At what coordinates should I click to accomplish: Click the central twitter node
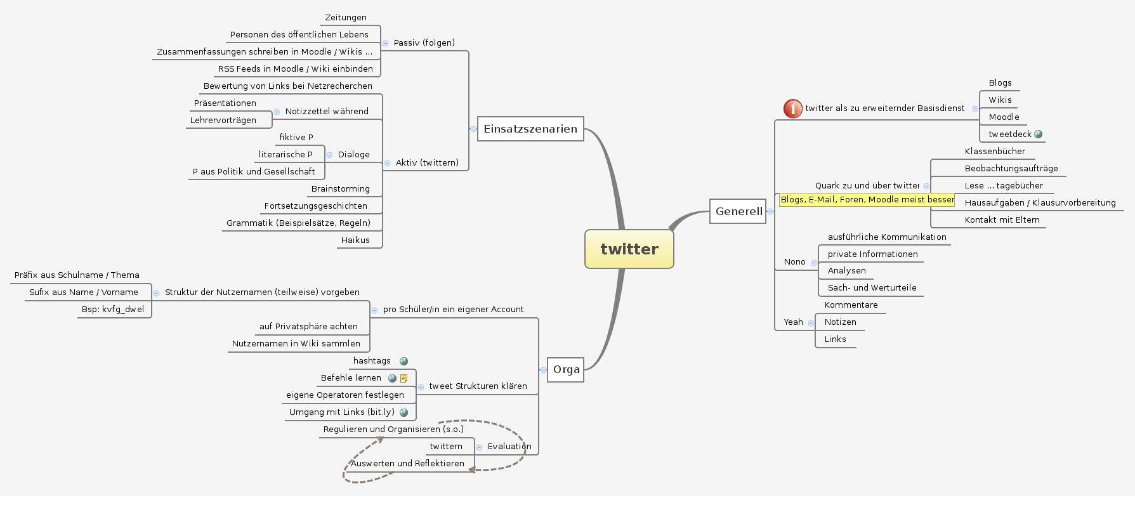(x=629, y=249)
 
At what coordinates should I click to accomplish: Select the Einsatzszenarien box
(x=530, y=129)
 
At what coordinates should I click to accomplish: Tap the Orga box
(x=565, y=369)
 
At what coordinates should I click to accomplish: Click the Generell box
(x=738, y=211)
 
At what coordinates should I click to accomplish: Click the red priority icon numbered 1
(x=792, y=108)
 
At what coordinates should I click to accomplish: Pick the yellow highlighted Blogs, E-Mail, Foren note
(x=867, y=199)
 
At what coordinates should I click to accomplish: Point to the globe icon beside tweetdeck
(x=1038, y=134)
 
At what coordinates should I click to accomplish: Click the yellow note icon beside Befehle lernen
(x=403, y=378)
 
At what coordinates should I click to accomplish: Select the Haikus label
(x=355, y=240)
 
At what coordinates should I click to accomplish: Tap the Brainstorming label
(x=340, y=188)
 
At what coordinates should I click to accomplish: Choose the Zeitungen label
(x=345, y=18)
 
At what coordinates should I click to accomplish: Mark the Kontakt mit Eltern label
(x=1002, y=220)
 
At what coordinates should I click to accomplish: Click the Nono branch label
(x=794, y=261)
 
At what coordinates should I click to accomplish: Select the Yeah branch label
(x=793, y=322)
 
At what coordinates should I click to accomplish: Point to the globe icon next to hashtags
(x=403, y=361)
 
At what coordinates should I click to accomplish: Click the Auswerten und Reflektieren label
(x=407, y=463)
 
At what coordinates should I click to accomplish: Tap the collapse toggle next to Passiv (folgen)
(x=385, y=43)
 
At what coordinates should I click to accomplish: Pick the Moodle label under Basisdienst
(x=1004, y=117)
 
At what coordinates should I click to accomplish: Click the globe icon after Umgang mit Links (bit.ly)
(x=403, y=412)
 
